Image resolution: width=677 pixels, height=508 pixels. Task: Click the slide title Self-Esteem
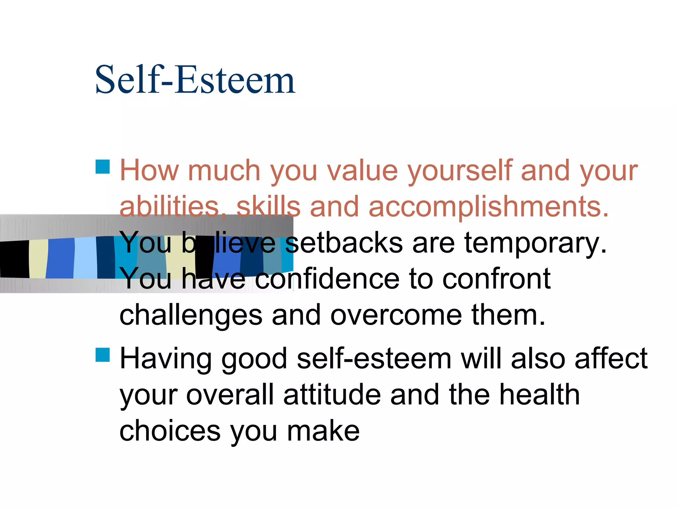pos(195,80)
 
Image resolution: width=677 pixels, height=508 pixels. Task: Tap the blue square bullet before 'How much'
pos(102,167)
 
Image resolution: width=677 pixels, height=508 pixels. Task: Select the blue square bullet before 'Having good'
pos(102,355)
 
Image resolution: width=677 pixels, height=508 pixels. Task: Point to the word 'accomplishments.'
pos(488,207)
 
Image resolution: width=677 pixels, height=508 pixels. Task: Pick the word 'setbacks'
pos(344,243)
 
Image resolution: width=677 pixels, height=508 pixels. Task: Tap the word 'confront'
pos(496,279)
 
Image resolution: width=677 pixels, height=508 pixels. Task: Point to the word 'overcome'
pos(396,315)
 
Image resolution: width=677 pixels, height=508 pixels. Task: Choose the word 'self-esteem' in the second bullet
pos(374,359)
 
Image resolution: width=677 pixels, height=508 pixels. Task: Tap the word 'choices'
pos(170,431)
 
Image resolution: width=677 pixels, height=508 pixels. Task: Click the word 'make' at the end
pos(323,431)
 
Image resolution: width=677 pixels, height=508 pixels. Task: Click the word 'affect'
pos(611,359)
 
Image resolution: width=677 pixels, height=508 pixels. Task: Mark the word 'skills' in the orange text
pos(268,207)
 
